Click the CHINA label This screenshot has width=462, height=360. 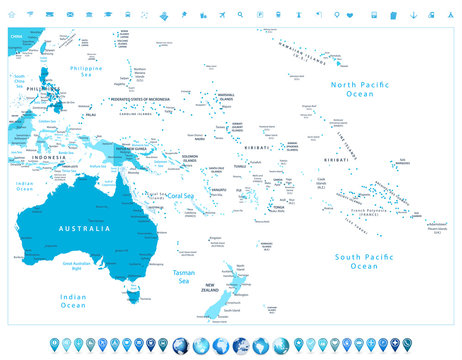click(x=14, y=35)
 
